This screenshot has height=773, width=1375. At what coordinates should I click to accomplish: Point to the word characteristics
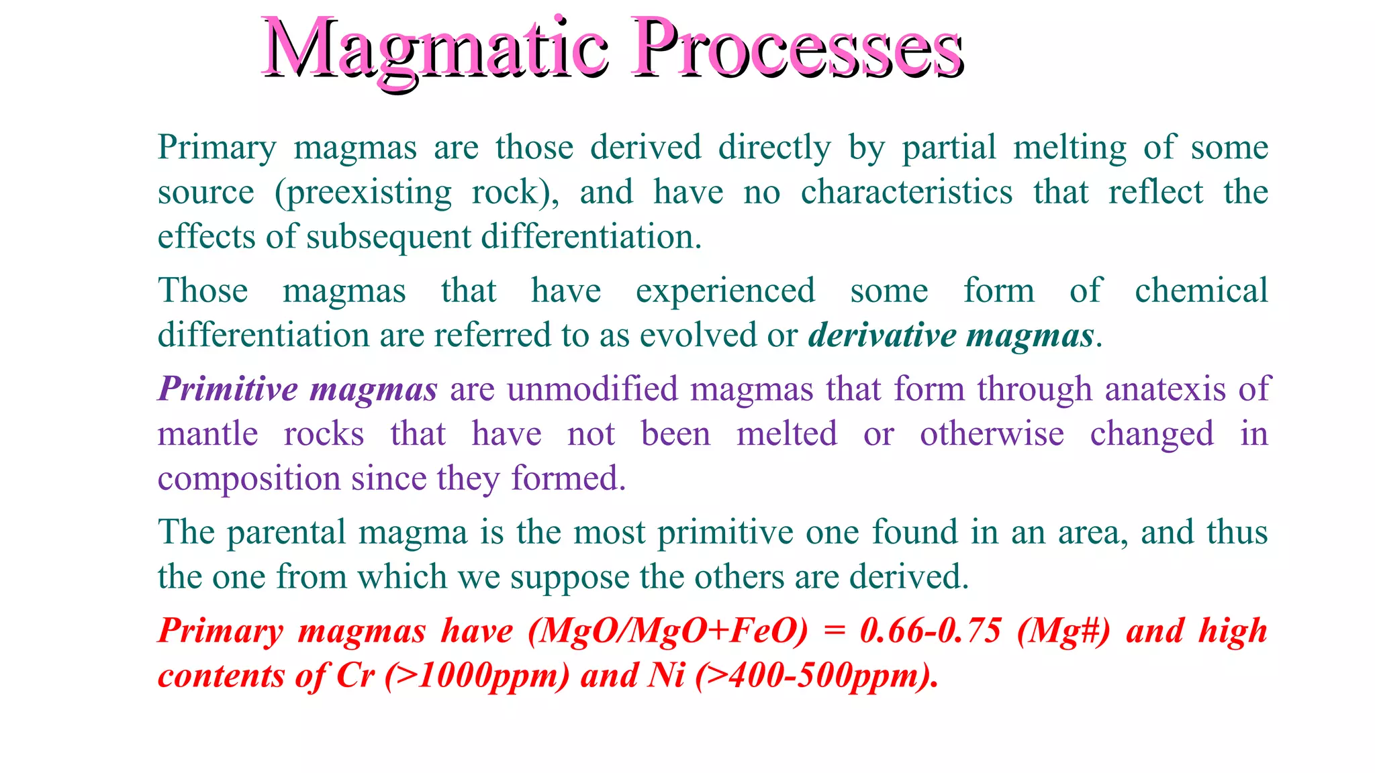(x=906, y=192)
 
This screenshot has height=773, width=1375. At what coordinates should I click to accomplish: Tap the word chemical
(x=1200, y=291)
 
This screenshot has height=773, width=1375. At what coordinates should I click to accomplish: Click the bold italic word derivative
(x=882, y=335)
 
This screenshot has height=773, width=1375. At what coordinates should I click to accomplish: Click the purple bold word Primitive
(x=228, y=389)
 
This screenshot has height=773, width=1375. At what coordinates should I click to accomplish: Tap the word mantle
(x=207, y=434)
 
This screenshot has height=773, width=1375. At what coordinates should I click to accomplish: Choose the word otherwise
(x=992, y=434)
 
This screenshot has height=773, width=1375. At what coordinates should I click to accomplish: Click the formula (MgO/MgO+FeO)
(x=668, y=631)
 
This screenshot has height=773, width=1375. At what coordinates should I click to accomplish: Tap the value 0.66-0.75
(x=931, y=631)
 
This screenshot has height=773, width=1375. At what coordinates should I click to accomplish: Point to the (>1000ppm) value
(x=477, y=676)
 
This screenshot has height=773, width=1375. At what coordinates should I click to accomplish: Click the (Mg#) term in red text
(x=1063, y=631)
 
